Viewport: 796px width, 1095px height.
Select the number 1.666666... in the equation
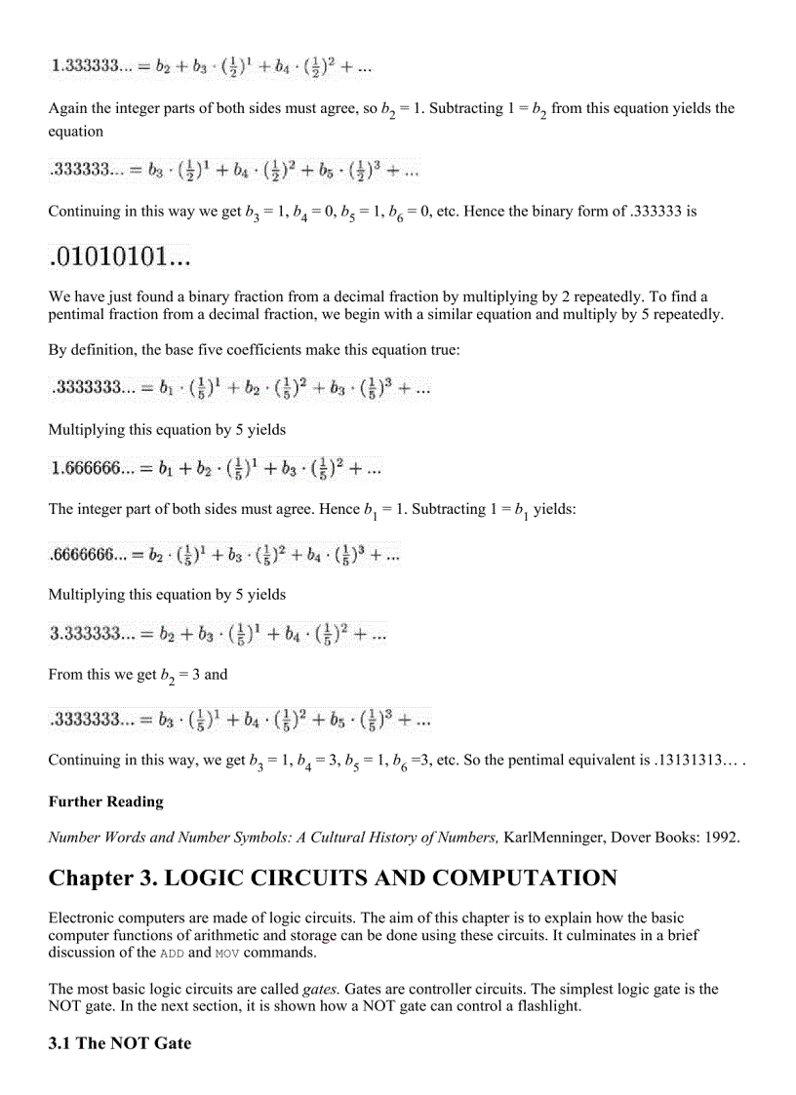point(92,469)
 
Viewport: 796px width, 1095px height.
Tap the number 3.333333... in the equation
point(94,635)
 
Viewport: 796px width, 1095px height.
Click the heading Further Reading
point(106,802)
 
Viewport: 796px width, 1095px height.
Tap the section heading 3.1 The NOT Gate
point(120,1043)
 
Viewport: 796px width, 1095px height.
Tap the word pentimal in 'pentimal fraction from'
point(79,315)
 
